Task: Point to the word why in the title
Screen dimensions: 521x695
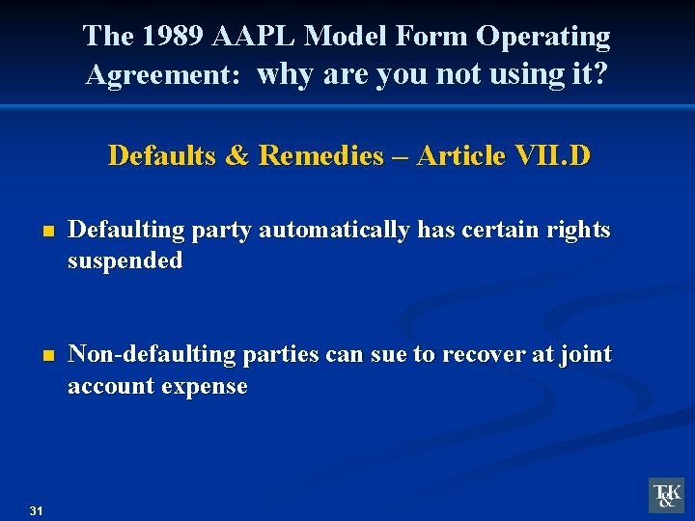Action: coord(287,74)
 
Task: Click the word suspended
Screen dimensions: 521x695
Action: coord(125,261)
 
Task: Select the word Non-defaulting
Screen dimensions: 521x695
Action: coord(152,355)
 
